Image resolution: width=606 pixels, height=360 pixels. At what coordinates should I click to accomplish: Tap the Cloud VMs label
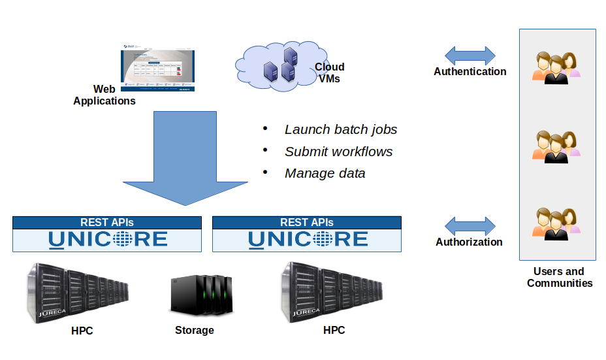coord(329,73)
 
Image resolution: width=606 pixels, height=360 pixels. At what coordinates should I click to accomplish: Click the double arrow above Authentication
coord(470,55)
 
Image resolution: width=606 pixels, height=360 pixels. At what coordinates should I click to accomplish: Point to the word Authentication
coord(470,72)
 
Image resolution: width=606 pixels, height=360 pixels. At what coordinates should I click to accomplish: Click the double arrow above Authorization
coord(470,226)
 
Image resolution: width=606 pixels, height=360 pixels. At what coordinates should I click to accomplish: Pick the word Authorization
coord(469,242)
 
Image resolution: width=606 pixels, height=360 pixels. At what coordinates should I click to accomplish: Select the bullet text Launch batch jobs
coord(341,129)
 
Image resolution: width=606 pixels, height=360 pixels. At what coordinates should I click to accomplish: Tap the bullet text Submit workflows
coord(338,152)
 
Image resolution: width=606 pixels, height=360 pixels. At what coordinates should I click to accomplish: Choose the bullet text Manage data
coord(325,173)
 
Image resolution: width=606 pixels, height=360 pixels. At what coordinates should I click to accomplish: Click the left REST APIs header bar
coord(107,223)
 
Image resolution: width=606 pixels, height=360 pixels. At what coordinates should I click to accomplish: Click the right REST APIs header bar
coord(307,223)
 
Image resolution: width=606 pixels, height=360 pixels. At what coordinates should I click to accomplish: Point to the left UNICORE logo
coord(108,239)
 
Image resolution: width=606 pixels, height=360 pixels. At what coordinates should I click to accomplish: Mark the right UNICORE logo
coord(308,239)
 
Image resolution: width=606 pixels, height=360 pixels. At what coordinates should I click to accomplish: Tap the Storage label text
coord(195,331)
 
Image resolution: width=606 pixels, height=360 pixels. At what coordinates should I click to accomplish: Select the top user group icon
coord(556,67)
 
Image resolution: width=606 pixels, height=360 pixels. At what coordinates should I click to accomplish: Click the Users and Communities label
coord(559,277)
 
